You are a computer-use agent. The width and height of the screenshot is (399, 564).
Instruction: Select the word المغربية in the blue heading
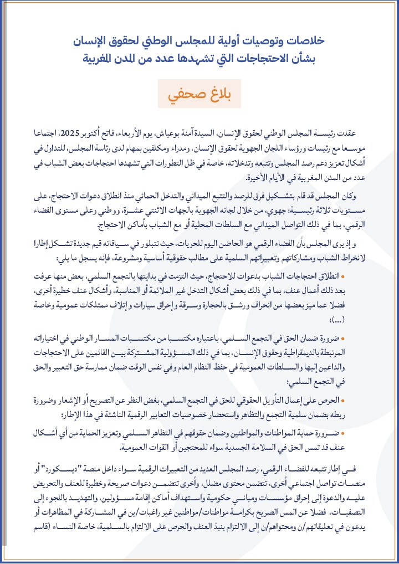coord(105,58)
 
